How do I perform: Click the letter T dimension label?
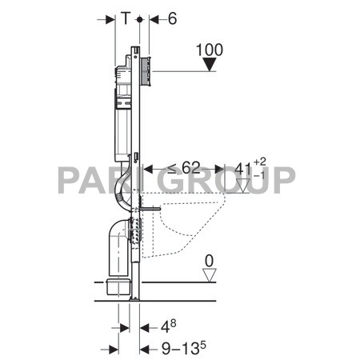(126, 18)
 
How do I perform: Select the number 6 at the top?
(172, 18)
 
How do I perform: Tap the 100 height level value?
(210, 50)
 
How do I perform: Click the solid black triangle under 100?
(210, 65)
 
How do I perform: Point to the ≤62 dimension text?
(184, 167)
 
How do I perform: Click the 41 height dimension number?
(243, 169)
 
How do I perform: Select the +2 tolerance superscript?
(260, 162)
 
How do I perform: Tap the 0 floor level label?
(210, 261)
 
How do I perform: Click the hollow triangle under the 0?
(210, 275)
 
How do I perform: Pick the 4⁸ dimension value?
(169, 326)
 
